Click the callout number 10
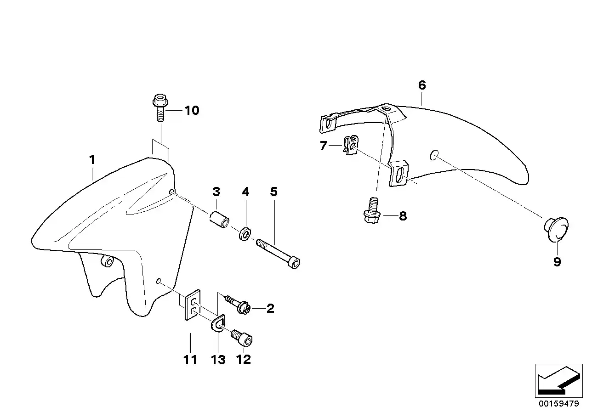192,111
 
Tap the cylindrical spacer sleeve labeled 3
220,219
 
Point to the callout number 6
422,85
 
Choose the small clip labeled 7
351,145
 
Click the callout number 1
92,160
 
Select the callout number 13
218,360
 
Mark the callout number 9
557,262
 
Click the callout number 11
190,360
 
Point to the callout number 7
324,146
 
